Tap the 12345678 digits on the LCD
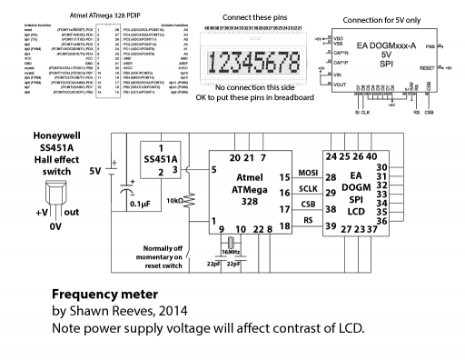[255, 65]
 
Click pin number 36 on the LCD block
[382, 221]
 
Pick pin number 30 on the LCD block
[382, 168]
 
